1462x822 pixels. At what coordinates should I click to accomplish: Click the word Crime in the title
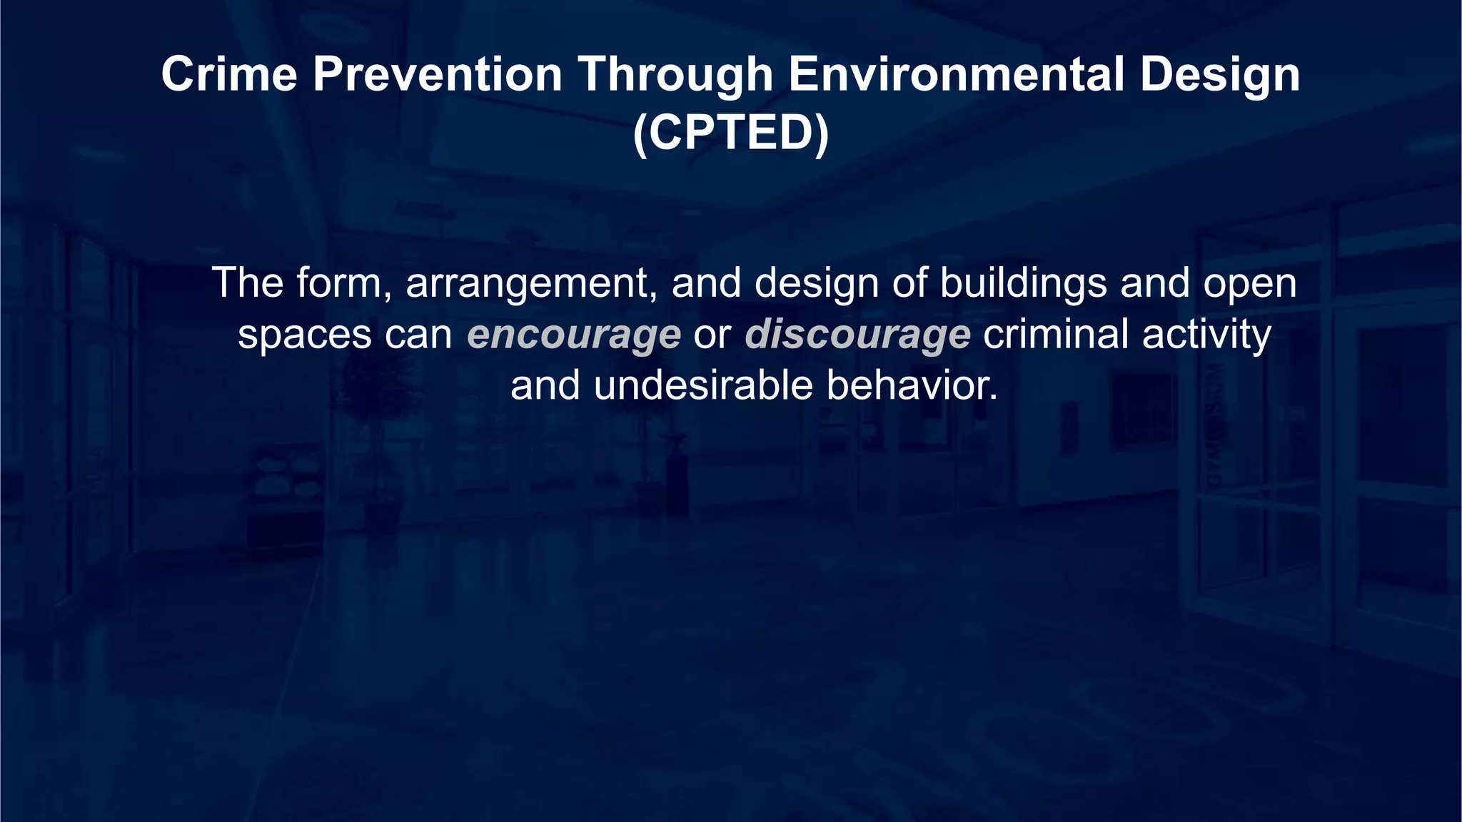point(228,74)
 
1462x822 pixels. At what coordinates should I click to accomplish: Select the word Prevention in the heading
point(438,74)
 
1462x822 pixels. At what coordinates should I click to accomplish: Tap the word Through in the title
point(675,74)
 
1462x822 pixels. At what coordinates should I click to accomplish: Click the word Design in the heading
point(1219,74)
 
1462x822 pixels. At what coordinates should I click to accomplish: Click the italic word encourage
point(574,334)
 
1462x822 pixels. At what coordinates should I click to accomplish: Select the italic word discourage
point(857,334)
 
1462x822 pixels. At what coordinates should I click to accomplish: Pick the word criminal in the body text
point(1056,334)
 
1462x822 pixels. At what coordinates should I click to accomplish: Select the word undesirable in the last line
point(703,385)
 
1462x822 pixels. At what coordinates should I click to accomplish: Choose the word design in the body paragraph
point(817,283)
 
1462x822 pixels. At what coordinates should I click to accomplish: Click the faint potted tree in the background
point(379,428)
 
